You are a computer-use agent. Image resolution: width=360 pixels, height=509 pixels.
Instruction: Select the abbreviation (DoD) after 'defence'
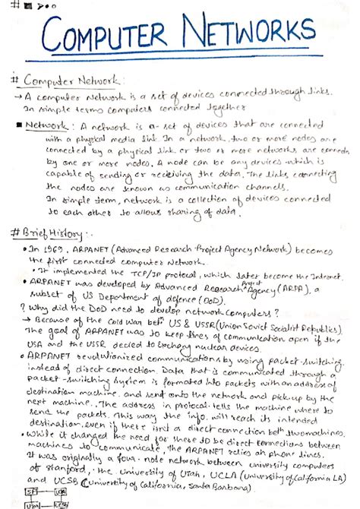[172, 302]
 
